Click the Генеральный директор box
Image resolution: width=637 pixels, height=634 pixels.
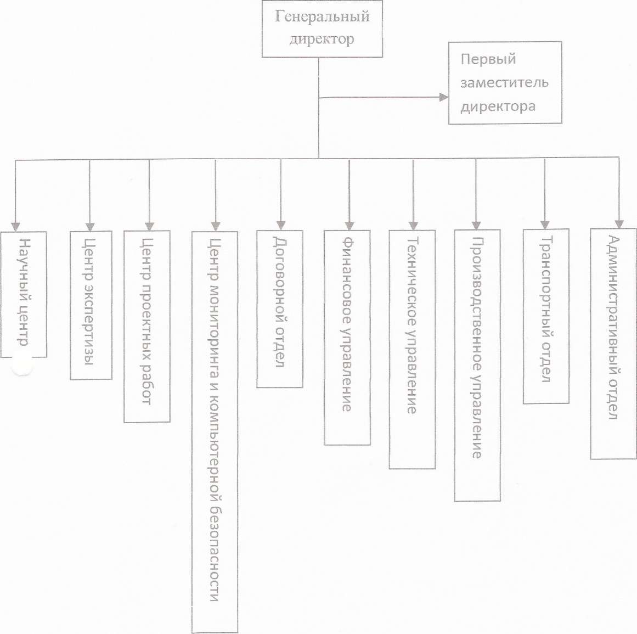tap(322, 29)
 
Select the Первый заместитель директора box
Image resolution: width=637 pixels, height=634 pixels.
tap(505, 82)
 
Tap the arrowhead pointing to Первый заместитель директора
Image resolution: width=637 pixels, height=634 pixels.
tap(443, 98)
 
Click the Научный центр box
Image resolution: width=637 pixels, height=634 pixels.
tap(24, 294)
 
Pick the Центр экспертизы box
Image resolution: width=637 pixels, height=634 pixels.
tap(91, 305)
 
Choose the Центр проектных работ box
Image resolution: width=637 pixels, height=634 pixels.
tap(147, 326)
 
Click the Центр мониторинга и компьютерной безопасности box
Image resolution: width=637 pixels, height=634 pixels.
tap(215, 431)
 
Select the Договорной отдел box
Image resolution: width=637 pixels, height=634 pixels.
tap(280, 308)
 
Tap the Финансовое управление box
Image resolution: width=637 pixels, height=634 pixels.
tap(347, 337)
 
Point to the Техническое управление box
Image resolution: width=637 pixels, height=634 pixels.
tap(412, 349)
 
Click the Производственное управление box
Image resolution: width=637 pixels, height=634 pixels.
tap(477, 365)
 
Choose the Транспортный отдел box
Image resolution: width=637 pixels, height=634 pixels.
tap(545, 316)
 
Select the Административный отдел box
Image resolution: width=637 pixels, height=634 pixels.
tap(613, 344)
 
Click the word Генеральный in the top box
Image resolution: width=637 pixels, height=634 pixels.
tap(322, 16)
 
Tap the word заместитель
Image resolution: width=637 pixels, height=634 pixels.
tap(504, 83)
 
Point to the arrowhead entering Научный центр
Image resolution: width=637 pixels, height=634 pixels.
tap(16, 226)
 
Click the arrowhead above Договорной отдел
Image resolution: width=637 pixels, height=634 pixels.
tap(280, 225)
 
